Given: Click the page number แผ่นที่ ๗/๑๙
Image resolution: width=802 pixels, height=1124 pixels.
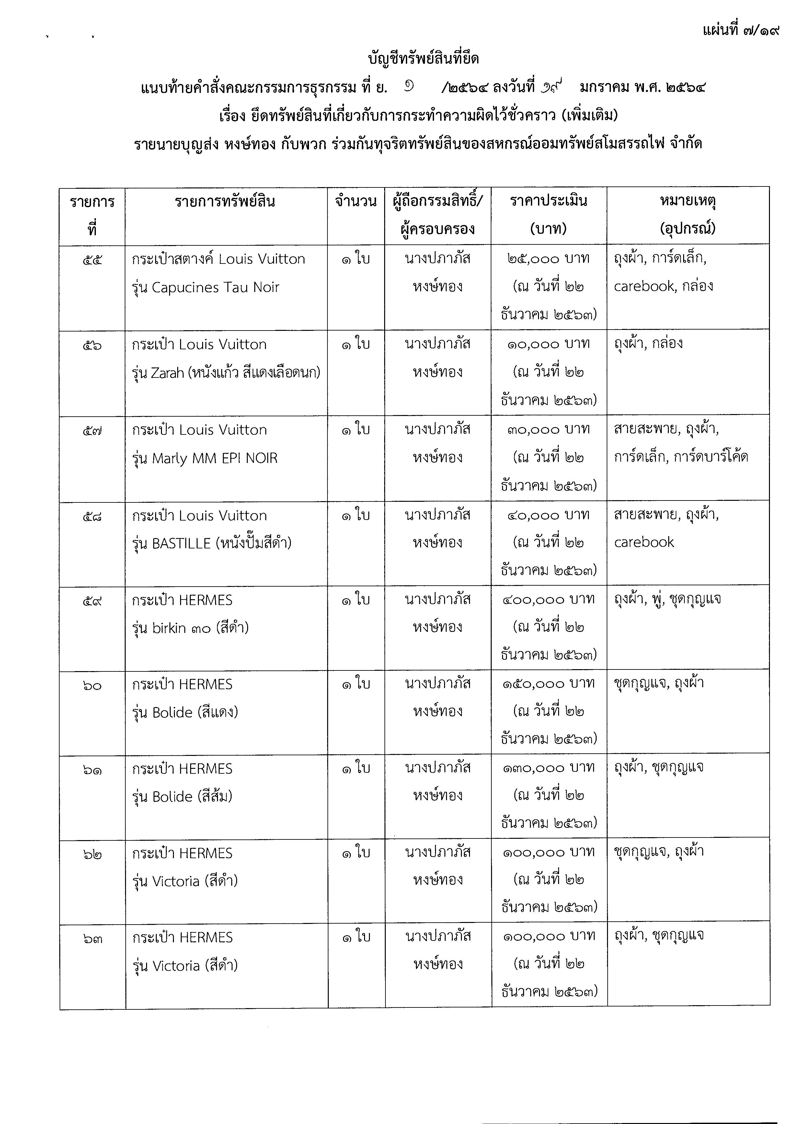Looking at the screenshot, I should (741, 31).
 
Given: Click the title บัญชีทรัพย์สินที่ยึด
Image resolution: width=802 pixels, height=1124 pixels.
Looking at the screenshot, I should (423, 59).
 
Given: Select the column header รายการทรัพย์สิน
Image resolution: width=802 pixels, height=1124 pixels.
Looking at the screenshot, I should (225, 201).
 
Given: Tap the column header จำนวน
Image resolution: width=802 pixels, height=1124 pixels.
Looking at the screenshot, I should (356, 201).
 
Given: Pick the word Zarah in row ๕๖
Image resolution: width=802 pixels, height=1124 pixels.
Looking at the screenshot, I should (167, 373).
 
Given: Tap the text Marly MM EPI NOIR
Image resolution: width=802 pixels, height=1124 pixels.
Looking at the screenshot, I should (215, 459).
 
